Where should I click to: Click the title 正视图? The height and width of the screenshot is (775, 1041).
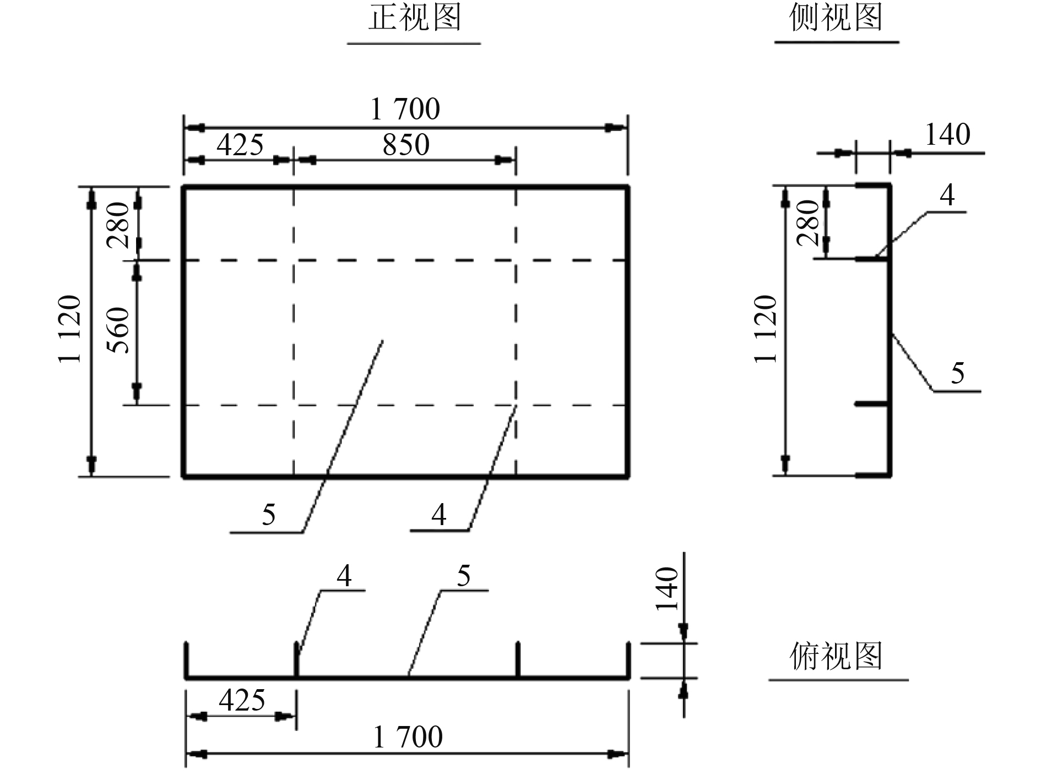(414, 18)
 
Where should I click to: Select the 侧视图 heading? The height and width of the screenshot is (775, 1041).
(836, 18)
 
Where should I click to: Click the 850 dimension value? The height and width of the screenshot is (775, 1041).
(406, 145)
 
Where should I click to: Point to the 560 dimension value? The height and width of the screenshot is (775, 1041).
(119, 330)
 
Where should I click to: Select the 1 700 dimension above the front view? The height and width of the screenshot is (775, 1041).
(405, 109)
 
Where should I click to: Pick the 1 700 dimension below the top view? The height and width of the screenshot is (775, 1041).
(408, 737)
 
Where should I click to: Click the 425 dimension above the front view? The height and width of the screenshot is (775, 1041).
(240, 145)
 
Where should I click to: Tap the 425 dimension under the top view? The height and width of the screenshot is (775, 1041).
(242, 700)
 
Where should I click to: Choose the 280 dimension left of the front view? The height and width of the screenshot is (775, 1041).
(119, 224)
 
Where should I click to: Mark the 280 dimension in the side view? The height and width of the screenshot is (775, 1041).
(809, 222)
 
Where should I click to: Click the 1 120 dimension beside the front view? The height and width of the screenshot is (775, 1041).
(71, 329)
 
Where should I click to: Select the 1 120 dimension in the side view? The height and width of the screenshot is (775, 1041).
(766, 329)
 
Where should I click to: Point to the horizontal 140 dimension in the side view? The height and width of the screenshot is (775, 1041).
(947, 135)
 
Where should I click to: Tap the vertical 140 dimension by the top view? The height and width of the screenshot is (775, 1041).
(667, 589)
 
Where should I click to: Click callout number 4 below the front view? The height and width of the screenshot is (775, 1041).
(438, 515)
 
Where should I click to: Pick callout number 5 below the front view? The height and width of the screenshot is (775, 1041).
(268, 515)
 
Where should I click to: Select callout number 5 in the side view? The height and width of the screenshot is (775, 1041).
(958, 373)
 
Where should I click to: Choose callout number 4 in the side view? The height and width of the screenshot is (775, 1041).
(947, 194)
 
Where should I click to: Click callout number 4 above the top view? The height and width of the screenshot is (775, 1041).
(344, 576)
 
